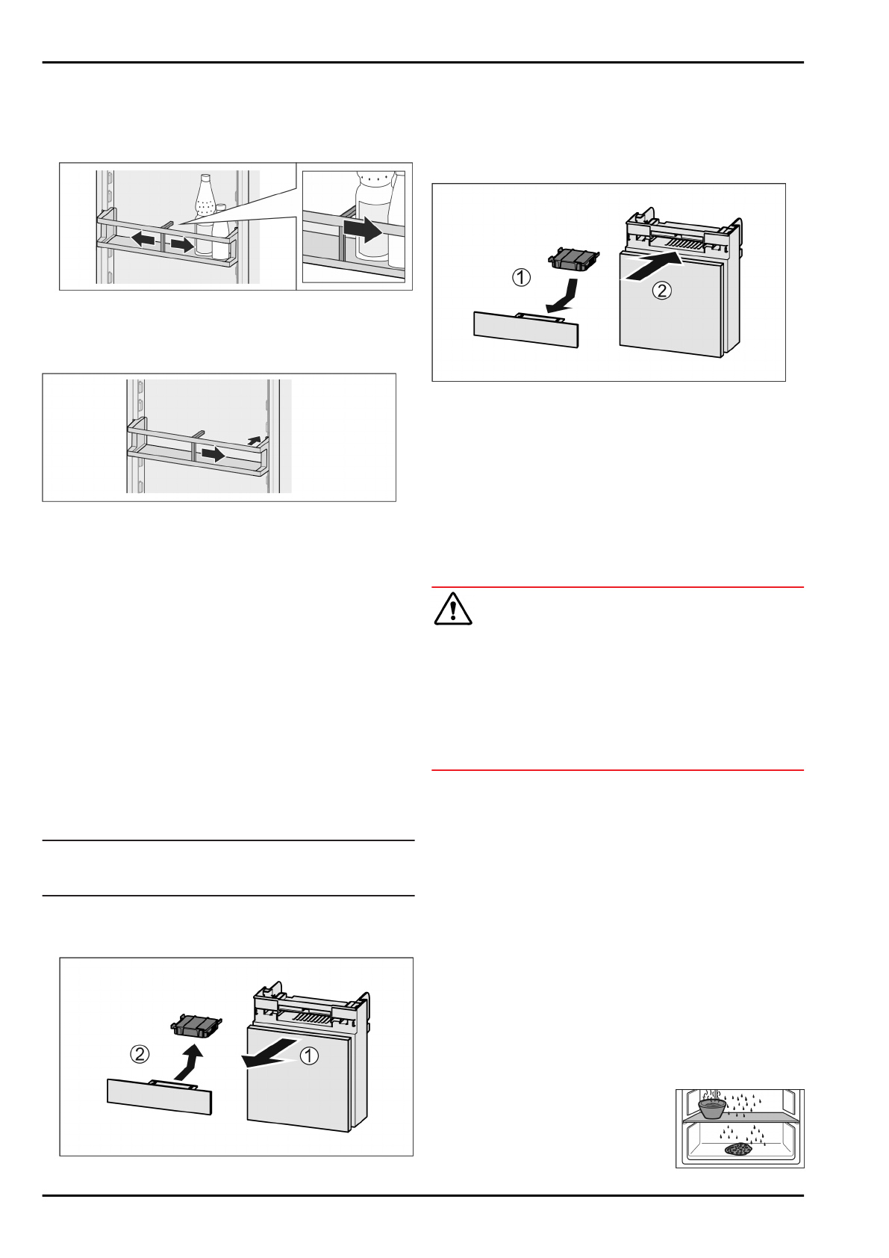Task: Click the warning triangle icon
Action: pos(452,609)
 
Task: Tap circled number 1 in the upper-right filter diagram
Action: pos(522,277)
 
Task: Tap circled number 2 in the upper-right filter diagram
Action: pos(663,291)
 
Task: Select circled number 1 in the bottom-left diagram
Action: pos(309,1056)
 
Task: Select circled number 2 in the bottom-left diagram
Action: pos(140,1054)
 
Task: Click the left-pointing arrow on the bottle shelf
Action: pos(143,240)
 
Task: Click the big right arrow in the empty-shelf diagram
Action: pos(213,454)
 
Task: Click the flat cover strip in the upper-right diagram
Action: pos(526,329)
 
